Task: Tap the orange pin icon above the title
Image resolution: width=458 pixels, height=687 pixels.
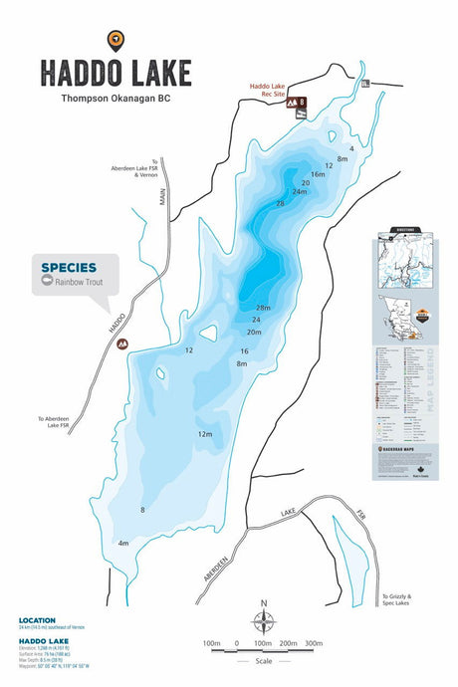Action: pos(116,40)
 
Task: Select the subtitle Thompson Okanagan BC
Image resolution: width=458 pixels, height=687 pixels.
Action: pos(116,99)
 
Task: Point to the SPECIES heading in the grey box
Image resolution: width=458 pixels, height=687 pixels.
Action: pos(69,267)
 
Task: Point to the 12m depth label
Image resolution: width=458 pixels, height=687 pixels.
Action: pos(205,434)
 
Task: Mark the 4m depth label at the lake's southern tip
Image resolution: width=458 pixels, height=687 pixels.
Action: pos(123,544)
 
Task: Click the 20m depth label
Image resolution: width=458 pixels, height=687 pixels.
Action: pos(254,332)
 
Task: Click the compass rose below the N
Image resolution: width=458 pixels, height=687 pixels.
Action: pos(264,624)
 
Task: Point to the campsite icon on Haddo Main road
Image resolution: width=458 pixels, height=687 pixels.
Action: pos(122,343)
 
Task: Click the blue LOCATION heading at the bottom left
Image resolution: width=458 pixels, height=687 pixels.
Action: pos(36,620)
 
